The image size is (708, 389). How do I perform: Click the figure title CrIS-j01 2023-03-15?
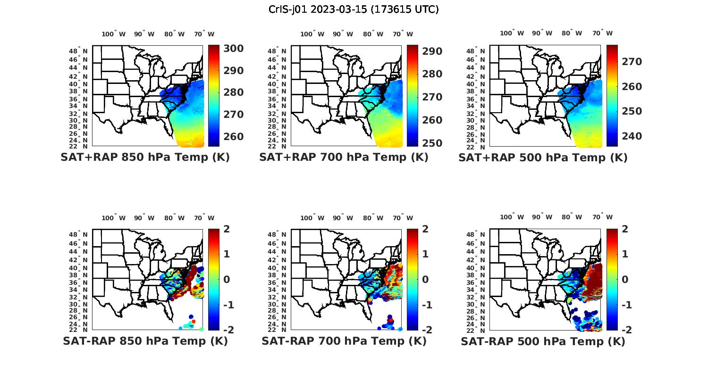point(354,9)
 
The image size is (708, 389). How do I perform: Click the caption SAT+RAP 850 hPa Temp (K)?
point(145,157)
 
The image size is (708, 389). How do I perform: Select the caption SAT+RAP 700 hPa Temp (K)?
point(344,157)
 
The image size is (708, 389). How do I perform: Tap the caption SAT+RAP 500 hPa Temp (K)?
point(543,158)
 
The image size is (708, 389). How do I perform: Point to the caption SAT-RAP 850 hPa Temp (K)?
point(145,341)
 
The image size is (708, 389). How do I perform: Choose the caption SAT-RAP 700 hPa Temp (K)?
point(344,341)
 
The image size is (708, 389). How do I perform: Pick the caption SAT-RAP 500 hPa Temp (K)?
point(543,341)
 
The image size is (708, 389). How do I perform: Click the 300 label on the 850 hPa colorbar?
point(234,49)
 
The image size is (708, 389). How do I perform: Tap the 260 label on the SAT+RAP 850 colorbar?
point(234,137)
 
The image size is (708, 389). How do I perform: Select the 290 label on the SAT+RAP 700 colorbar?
point(432,51)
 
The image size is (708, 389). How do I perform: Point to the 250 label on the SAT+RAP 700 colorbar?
point(432,143)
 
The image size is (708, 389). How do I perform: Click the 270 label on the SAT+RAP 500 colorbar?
point(632,62)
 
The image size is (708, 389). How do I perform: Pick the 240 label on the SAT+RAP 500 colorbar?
point(632,136)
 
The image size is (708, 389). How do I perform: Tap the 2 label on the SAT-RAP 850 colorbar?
point(227,230)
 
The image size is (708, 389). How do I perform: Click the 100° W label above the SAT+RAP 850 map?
point(114,34)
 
